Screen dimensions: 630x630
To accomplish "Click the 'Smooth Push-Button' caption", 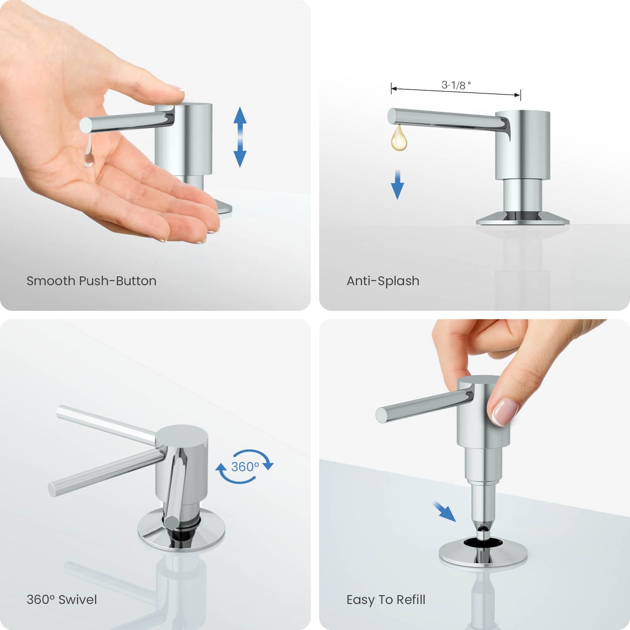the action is (x=92, y=281).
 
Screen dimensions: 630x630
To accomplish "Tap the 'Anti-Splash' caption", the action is (x=383, y=281).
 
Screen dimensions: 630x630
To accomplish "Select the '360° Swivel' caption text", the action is (x=62, y=599).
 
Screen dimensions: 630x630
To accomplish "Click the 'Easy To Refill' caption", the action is (x=386, y=599).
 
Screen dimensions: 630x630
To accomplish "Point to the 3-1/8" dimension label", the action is (x=456, y=85).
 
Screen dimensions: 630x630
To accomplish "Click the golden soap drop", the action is (x=399, y=138).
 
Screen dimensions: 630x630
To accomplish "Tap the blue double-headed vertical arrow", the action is (x=240, y=137).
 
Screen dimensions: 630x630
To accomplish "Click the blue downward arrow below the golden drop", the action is (x=398, y=185).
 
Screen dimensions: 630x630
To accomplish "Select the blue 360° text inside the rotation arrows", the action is (x=245, y=467).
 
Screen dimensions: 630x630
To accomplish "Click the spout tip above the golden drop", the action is (x=392, y=116).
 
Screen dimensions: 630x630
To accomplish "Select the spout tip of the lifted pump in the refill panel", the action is (x=381, y=415).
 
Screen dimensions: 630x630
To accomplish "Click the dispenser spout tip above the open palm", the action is (x=85, y=125).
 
